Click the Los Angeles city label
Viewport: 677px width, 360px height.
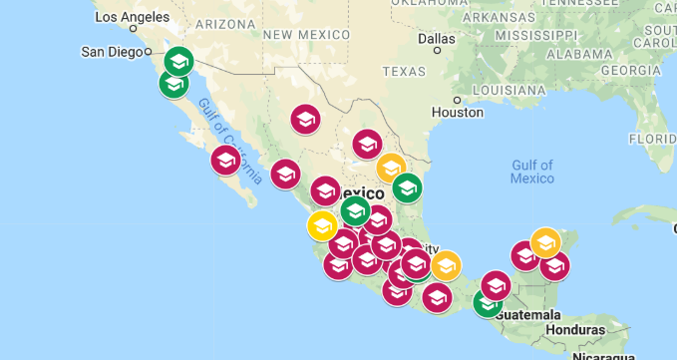[132, 17]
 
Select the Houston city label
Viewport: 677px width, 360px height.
[457, 113]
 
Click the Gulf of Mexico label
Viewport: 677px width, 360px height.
[531, 171]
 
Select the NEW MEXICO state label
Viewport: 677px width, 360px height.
[307, 34]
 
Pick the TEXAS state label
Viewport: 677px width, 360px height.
[404, 71]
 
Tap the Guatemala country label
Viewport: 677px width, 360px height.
[526, 315]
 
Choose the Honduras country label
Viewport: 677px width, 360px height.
[575, 329]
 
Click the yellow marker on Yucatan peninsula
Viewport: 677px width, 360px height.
[545, 242]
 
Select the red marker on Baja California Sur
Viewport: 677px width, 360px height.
[225, 160]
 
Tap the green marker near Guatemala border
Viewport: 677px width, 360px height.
[488, 302]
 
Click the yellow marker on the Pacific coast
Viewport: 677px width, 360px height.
[322, 225]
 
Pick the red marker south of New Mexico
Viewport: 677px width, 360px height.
[305, 119]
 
